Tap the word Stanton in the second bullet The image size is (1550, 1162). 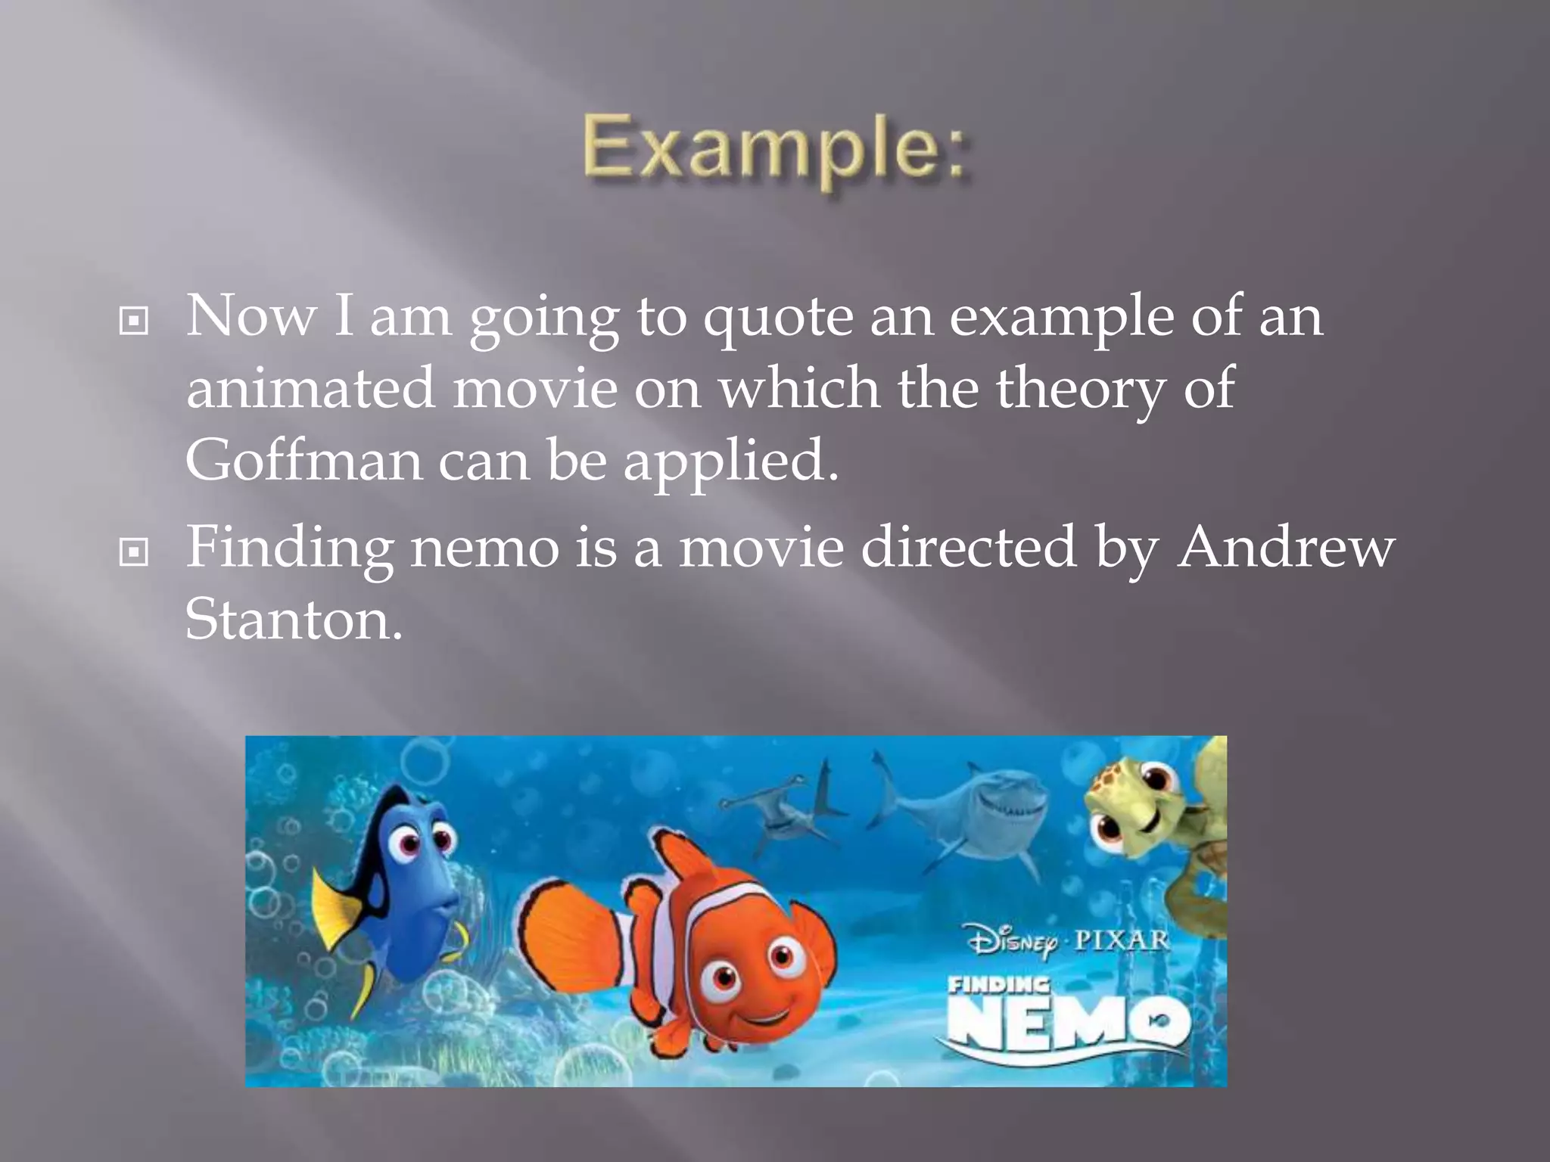(294, 619)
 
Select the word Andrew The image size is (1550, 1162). (1285, 546)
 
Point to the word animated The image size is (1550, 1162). (310, 388)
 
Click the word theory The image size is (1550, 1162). (1078, 388)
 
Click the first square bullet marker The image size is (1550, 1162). (134, 322)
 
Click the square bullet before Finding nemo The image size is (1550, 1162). (134, 553)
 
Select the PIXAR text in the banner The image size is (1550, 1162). (1122, 940)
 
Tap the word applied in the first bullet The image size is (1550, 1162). (731, 461)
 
